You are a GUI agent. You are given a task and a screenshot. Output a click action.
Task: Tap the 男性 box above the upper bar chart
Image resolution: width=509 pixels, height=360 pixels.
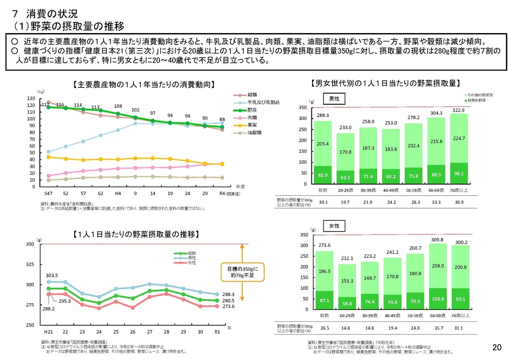(x=335, y=99)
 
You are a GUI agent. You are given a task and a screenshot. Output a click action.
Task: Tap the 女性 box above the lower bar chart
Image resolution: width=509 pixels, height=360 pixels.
(x=335, y=226)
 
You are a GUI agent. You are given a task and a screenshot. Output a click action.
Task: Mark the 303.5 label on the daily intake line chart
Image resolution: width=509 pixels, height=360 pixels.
(x=52, y=275)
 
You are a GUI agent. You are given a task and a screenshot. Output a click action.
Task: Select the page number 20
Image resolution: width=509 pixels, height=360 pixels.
(x=497, y=347)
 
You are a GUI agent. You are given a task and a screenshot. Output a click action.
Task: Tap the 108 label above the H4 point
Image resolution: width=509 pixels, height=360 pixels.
(x=118, y=106)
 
